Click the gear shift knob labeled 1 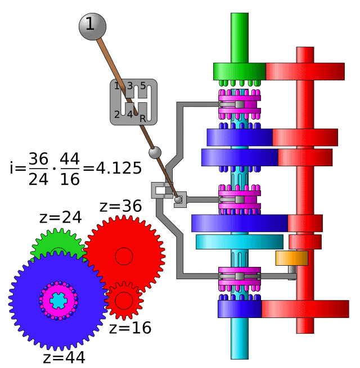click(91, 25)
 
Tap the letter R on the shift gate click(143, 118)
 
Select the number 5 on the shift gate click(143, 86)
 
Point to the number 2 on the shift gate click(117, 115)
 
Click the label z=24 click(60, 217)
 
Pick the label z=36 click(121, 206)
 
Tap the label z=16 click(130, 328)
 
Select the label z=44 click(64, 357)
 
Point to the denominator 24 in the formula click(39, 179)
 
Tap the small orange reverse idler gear click(291, 258)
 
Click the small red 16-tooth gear click(124, 299)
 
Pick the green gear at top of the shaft click(239, 71)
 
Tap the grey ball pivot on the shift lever click(155, 152)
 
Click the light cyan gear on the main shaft click(239, 242)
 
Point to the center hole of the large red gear click(124, 256)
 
